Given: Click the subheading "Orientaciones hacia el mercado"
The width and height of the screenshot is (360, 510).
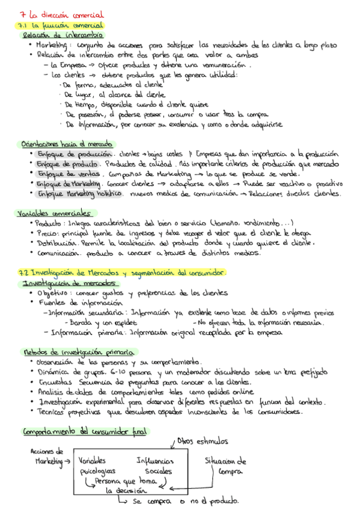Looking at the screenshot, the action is pyautogui.click(x=66, y=144).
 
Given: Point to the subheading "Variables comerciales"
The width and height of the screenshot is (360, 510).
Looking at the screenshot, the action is pyautogui.click(x=54, y=213).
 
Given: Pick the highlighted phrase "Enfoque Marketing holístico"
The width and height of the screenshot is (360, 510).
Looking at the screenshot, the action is pyautogui.click(x=79, y=194).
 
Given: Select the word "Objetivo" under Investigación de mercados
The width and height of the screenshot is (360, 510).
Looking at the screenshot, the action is pyautogui.click(x=52, y=293).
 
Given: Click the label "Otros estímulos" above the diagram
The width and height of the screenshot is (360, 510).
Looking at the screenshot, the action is pyautogui.click(x=203, y=425).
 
